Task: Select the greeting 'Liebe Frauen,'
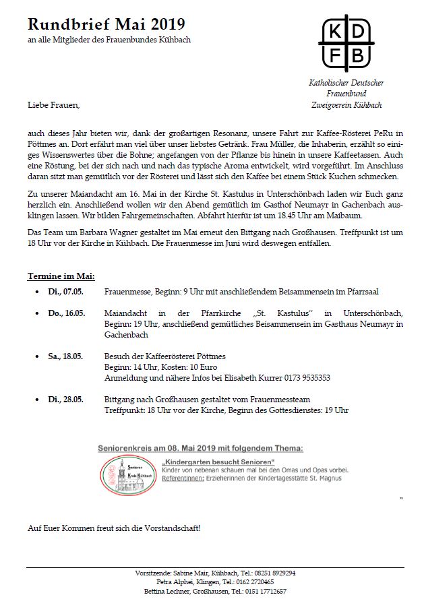point(53,105)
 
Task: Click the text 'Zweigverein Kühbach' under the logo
point(346,105)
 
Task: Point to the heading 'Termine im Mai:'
point(61,276)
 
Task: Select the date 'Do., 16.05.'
point(65,313)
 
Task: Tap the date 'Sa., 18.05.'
point(65,355)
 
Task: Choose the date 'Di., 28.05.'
point(65,400)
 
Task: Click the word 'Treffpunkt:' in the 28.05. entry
point(123,410)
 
